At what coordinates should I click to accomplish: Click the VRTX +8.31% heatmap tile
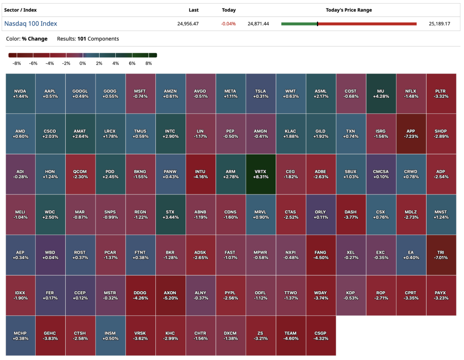[261, 174]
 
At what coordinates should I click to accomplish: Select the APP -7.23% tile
[411, 134]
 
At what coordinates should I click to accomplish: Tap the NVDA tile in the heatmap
[20, 94]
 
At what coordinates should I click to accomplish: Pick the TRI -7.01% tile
[441, 255]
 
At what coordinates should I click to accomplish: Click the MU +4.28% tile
[381, 94]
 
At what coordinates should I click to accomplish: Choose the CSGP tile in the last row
[321, 336]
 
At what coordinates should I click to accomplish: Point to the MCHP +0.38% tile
[20, 336]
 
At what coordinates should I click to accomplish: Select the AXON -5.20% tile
[170, 295]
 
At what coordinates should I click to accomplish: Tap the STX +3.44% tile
[170, 214]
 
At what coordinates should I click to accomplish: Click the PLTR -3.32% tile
[441, 94]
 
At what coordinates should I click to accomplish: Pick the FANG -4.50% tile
[321, 255]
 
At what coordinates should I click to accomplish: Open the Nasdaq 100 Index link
[31, 24]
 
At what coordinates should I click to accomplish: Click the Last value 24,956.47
[188, 24]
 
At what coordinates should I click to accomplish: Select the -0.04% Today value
[228, 24]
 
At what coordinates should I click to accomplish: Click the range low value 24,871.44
[258, 24]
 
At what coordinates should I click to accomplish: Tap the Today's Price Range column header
[349, 10]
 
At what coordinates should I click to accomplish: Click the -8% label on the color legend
[17, 63]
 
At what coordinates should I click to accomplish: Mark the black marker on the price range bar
[317, 24]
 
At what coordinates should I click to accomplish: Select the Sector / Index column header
[21, 10]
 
